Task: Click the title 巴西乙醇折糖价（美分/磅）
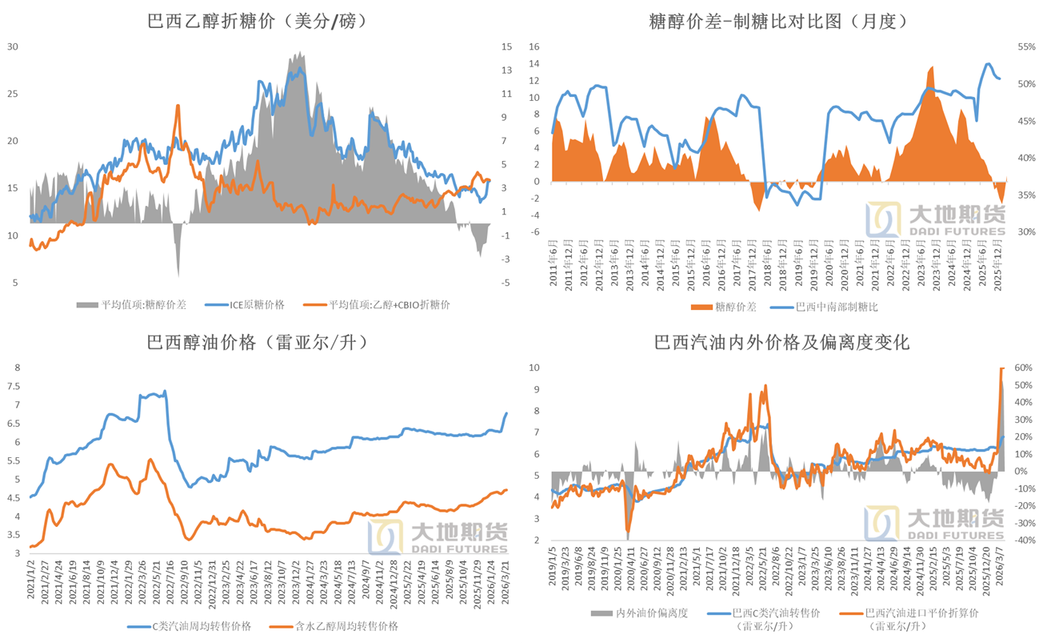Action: coord(258,22)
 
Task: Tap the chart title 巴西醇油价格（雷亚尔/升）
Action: coord(258,343)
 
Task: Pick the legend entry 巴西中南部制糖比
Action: coord(833,306)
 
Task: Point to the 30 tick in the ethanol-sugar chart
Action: coord(12,46)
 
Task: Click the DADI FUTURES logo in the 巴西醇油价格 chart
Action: coord(438,537)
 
